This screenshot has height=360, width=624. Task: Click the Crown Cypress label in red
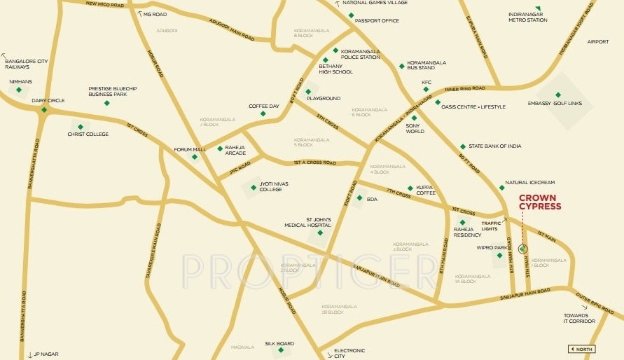540,202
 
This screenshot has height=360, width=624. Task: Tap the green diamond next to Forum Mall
195,157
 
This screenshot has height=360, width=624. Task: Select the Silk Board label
279,343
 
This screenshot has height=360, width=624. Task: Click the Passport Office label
377,21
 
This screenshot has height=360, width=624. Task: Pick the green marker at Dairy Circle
44,109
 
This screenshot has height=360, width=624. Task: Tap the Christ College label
88,134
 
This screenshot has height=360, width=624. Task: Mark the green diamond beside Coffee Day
263,113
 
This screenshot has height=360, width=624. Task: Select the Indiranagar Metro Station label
527,17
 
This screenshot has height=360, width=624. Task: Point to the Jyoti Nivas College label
270,186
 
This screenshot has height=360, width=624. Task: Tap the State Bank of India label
494,146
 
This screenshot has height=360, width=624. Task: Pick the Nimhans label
20,81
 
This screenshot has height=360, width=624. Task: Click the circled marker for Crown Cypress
522,248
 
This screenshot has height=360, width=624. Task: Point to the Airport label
598,41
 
